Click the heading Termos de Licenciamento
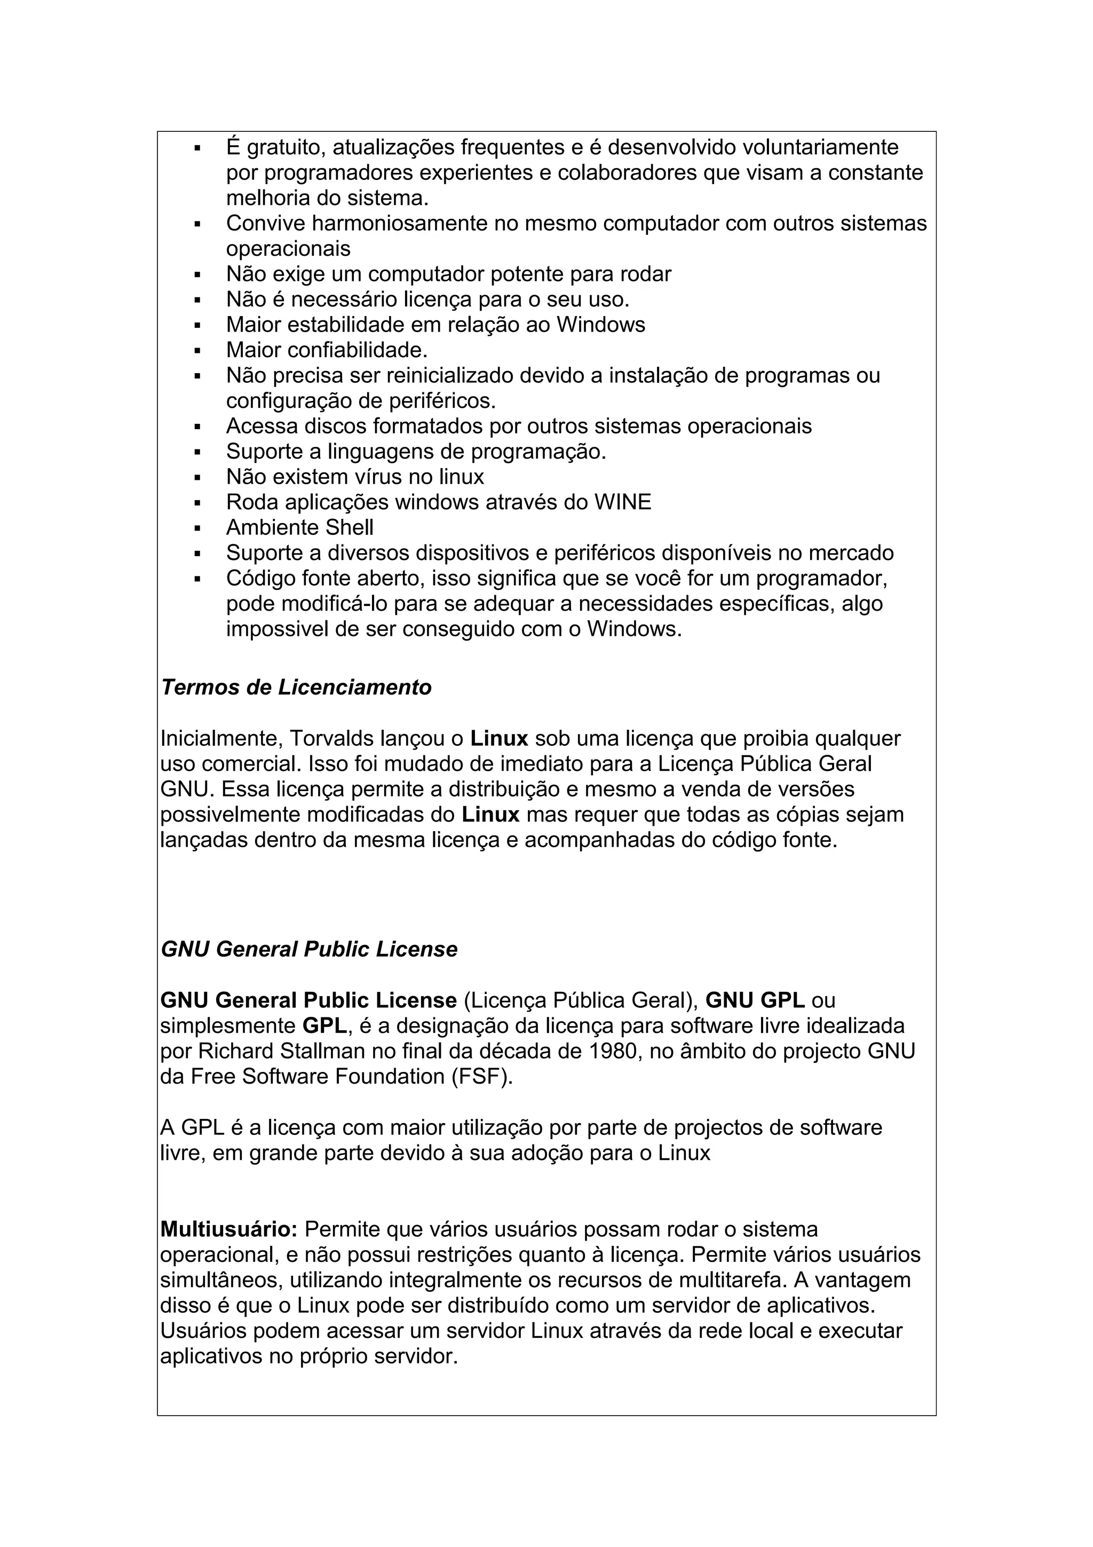pyautogui.click(x=296, y=687)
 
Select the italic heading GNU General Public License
pyautogui.click(x=309, y=949)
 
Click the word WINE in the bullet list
pyautogui.click(x=622, y=502)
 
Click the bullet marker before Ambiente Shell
pyautogui.click(x=197, y=527)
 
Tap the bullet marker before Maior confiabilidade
pyautogui.click(x=197, y=350)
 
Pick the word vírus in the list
pyautogui.click(x=378, y=477)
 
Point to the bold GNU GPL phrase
pyautogui.click(x=755, y=1000)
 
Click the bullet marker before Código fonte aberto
pyautogui.click(x=197, y=579)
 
